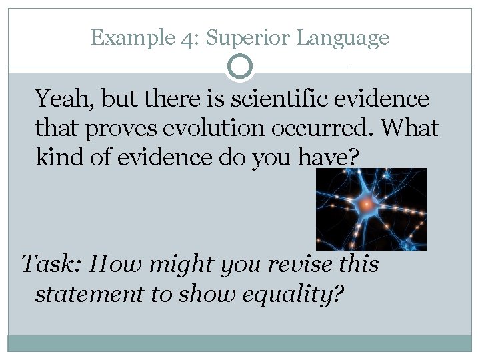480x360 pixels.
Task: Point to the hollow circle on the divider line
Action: [x=240, y=67]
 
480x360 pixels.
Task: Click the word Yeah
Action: [x=64, y=100]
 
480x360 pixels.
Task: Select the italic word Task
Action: [x=51, y=265]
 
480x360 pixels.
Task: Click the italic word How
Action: [x=109, y=265]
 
